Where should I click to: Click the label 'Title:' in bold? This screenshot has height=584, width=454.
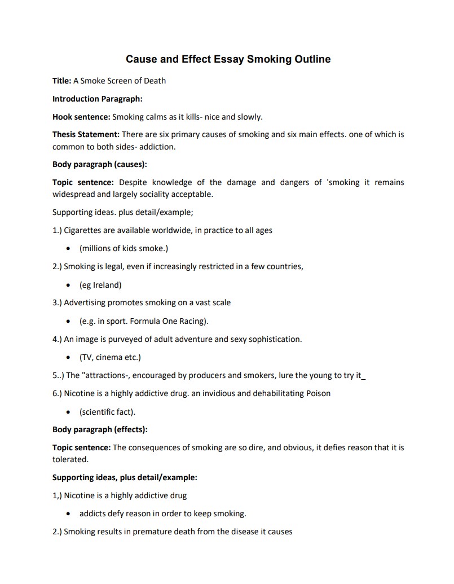(x=61, y=80)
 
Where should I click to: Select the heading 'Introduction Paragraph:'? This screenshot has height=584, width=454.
(x=97, y=99)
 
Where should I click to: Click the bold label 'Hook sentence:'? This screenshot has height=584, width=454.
(x=81, y=117)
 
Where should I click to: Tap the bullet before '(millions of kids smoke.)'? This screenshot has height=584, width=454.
(x=68, y=248)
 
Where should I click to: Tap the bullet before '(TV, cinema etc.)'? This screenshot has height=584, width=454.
(x=68, y=357)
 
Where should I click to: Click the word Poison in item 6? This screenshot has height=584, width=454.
(x=318, y=393)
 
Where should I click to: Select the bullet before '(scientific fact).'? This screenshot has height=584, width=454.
(x=68, y=411)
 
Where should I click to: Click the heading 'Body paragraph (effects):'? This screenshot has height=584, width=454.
(x=100, y=429)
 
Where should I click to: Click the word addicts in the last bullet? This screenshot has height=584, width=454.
(x=93, y=513)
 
